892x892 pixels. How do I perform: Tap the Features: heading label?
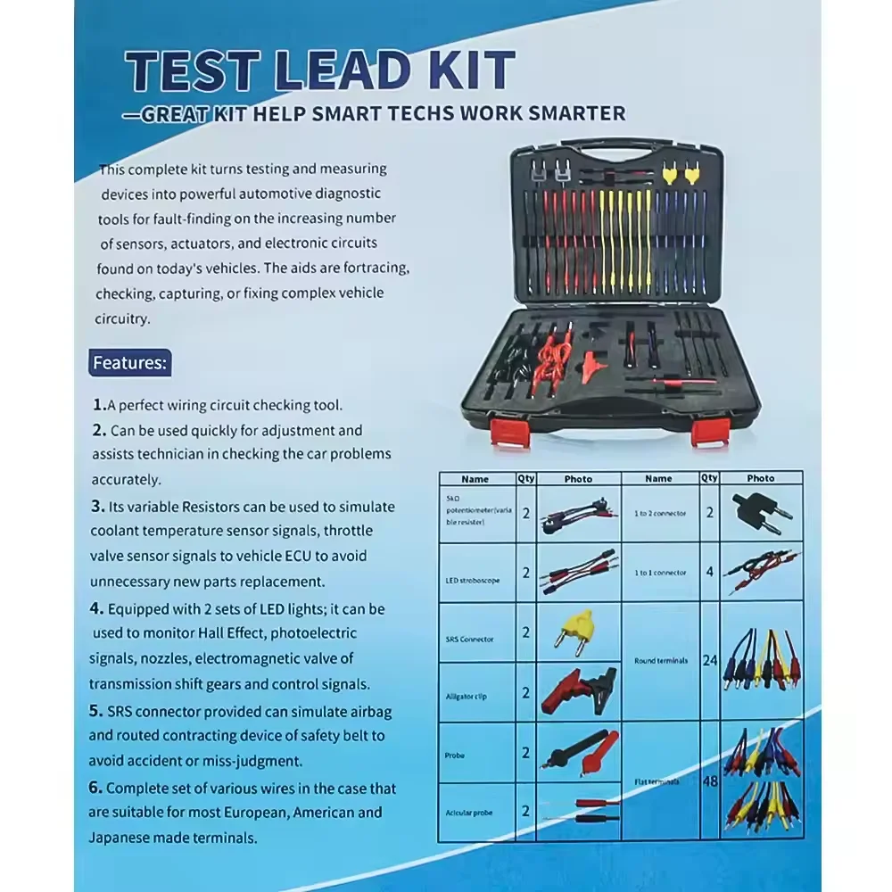click(130, 363)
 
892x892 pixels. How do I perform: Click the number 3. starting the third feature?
click(99, 506)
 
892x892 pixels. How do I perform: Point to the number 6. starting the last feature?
click(95, 789)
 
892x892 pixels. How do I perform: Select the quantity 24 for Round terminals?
click(710, 661)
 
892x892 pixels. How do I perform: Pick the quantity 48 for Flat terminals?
click(710, 780)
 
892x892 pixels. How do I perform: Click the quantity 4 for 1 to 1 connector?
click(710, 572)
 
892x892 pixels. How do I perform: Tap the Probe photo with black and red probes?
click(578, 751)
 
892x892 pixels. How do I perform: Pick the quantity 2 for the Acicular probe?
click(525, 811)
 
